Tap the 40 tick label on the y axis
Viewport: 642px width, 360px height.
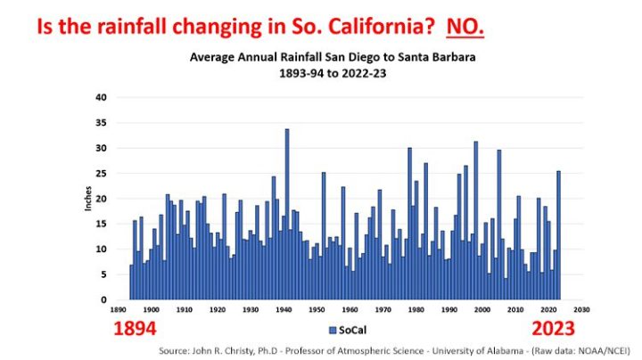point(101,97)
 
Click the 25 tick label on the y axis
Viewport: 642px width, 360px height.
point(101,173)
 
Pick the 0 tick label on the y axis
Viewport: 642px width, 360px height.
point(103,300)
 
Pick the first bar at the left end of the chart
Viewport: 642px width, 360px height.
point(131,282)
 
